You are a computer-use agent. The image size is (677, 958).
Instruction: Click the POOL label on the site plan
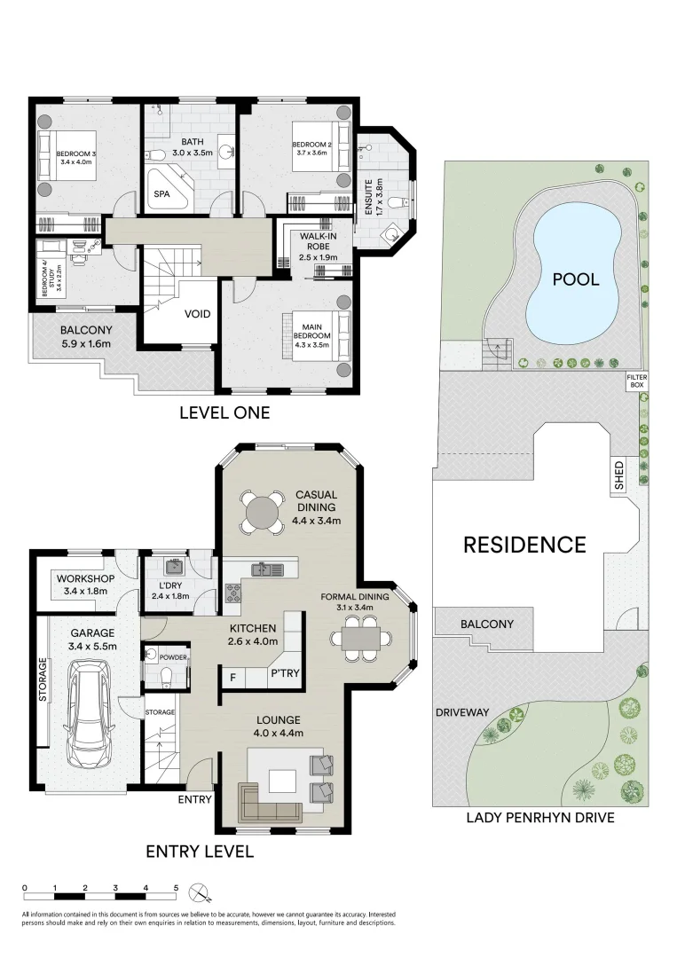click(576, 279)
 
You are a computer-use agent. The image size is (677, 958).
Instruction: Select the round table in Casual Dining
click(263, 512)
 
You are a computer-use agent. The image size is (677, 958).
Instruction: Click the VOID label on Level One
click(197, 314)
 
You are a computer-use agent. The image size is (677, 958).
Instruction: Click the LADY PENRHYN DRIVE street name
click(540, 818)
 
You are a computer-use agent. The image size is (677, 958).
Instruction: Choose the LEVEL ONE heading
click(224, 412)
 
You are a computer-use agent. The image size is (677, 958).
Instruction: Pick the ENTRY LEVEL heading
click(200, 852)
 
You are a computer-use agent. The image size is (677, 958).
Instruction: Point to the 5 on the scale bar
click(176, 887)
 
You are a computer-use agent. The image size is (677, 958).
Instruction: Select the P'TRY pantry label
click(286, 674)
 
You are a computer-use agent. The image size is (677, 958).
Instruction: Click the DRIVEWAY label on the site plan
click(462, 712)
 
